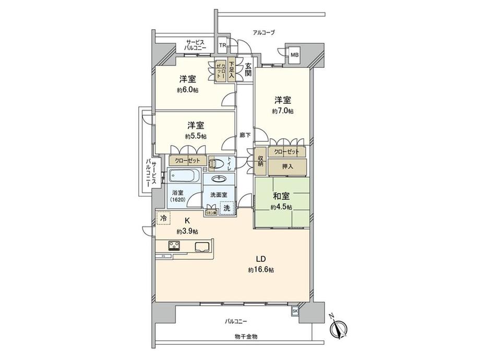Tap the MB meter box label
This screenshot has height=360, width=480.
point(295,54)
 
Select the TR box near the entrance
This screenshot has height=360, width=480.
point(223,46)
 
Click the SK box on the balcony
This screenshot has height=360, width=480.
point(295,311)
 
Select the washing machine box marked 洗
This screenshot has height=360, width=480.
point(226,207)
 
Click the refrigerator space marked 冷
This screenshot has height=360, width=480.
point(163,218)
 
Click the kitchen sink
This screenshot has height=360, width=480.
point(201,247)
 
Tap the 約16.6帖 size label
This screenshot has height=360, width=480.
point(261,270)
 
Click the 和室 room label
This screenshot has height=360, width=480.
point(282,196)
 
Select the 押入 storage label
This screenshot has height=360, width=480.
point(287,166)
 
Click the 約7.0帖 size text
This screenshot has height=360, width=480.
point(282,111)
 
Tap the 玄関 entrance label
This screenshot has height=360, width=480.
point(247,70)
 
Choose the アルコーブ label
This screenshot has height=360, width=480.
point(263,32)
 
